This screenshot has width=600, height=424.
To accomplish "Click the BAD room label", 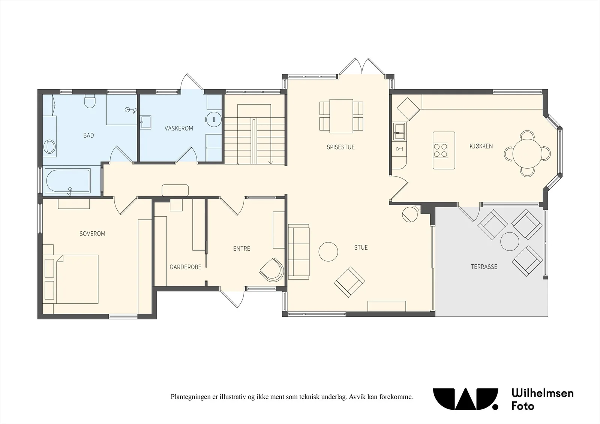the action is (88, 135).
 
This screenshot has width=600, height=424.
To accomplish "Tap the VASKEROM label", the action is (178, 128).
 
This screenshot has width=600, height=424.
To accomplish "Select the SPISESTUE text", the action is (340, 147).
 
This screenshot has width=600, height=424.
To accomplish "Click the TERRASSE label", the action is (484, 267).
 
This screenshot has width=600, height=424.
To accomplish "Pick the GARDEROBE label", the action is (185, 267).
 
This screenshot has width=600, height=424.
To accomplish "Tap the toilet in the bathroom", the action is (90, 101).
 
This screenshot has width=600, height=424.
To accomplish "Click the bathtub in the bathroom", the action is (67, 181).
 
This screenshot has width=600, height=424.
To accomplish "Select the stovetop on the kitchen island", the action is (441, 150).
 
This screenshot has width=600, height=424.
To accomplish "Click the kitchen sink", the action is (399, 132).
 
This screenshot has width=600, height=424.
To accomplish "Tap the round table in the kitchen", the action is (527, 153).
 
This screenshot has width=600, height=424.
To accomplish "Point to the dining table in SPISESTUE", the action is (341, 116).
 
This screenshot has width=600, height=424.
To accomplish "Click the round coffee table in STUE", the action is (328, 252).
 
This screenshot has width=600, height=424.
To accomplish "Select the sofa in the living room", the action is (298, 252).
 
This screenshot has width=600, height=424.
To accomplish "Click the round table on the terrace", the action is (510, 241).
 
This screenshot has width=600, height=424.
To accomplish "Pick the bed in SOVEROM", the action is (70, 279).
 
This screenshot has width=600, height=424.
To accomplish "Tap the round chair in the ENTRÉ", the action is (272, 270).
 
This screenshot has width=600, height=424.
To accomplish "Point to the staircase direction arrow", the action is (270, 162).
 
